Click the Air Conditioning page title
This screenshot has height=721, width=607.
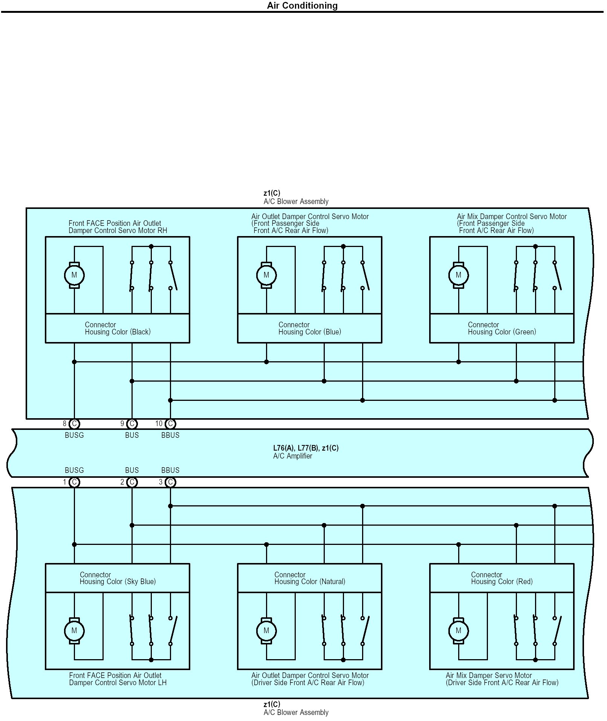[x=302, y=6]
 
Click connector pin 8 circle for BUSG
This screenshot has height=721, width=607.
[x=74, y=424]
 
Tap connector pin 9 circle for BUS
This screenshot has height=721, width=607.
[x=132, y=424]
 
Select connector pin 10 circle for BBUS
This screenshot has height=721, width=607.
[x=170, y=424]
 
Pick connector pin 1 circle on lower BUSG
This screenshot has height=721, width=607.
[x=74, y=482]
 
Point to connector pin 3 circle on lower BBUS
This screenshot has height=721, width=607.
[x=170, y=482]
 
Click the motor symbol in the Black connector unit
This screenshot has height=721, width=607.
[x=74, y=275]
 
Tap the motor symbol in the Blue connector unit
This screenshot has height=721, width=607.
[x=266, y=275]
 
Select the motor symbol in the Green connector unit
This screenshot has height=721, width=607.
[x=459, y=275]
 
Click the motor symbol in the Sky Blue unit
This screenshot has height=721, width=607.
[x=74, y=631]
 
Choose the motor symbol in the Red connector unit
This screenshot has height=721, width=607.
[x=459, y=631]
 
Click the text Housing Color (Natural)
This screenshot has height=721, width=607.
[x=310, y=582]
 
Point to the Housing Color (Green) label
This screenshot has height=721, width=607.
[x=502, y=332]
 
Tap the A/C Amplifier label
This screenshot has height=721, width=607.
[x=293, y=456]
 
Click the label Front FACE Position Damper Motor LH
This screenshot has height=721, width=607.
[x=118, y=679]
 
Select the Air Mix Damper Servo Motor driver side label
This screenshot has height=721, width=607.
[x=502, y=679]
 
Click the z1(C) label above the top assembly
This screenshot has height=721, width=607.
[x=272, y=193]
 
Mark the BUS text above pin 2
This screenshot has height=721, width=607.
[x=132, y=471]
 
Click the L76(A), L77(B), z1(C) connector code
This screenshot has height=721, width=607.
[x=306, y=448]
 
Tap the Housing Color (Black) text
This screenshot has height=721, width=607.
[x=118, y=332]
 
